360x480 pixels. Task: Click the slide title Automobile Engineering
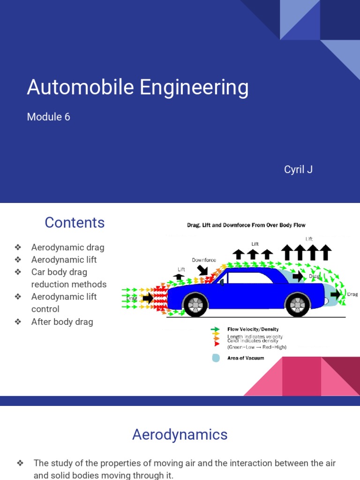pos(137,88)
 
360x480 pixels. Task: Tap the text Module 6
pos(49,117)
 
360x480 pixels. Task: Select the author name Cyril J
pos(298,170)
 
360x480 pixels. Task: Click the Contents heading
pos(75,223)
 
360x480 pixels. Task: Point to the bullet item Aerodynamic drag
pos(67,247)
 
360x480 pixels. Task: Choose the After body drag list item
pos(62,322)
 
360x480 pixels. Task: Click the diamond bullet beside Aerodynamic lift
pos(18,260)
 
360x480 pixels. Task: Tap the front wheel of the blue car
pos(195,305)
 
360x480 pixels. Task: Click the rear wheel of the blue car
pos(297,305)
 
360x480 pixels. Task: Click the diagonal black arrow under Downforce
pos(203,270)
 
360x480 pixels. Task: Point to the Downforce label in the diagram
pos(204,260)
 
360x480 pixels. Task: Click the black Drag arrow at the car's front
pos(148,298)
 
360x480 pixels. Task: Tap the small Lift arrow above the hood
pos(179,277)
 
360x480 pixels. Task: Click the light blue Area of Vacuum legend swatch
pos(216,358)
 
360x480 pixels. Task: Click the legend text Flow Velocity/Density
pos(253,330)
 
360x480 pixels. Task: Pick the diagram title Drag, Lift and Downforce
pos(246,225)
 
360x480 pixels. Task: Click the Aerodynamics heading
pos(180,435)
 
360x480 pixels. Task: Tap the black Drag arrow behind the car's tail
pos(336,294)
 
